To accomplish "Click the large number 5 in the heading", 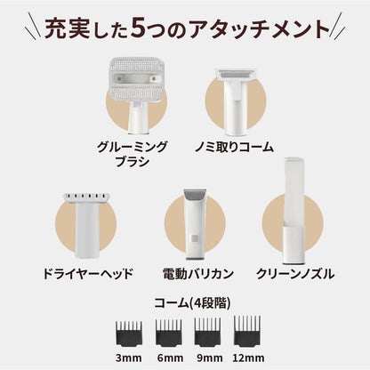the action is click(x=141, y=28).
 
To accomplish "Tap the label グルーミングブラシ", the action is click(x=133, y=154).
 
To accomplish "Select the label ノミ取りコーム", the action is click(x=234, y=147).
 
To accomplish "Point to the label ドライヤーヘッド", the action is click(x=88, y=274).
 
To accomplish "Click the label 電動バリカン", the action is click(x=198, y=274).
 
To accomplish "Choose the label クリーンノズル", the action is click(x=295, y=274).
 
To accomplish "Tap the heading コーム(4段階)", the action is click(x=192, y=303).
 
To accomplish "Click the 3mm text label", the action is click(x=129, y=358).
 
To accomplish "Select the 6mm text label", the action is click(x=170, y=358).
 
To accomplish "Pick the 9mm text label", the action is click(x=210, y=358).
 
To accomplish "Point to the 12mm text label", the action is click(x=248, y=358).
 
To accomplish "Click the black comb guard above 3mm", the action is click(x=129, y=334).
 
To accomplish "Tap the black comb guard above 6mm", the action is click(x=169, y=333).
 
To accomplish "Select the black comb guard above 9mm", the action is click(x=207, y=332).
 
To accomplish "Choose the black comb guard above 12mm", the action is click(x=247, y=331).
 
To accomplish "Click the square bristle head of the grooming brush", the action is click(x=137, y=79).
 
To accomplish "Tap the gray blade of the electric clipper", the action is click(x=195, y=194).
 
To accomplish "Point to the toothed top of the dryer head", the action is click(x=86, y=197).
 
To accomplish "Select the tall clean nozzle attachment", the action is click(x=294, y=211).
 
